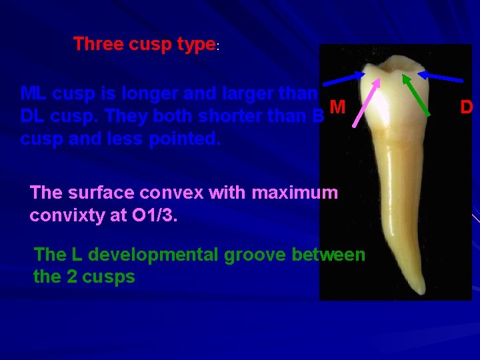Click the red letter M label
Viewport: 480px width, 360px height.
[x=337, y=107]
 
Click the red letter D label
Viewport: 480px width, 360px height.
[x=467, y=107]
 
